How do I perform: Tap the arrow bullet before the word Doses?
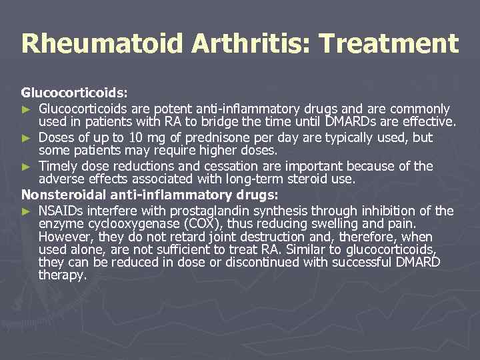(26, 138)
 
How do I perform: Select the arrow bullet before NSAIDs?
(26, 211)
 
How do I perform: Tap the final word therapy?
(63, 274)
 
